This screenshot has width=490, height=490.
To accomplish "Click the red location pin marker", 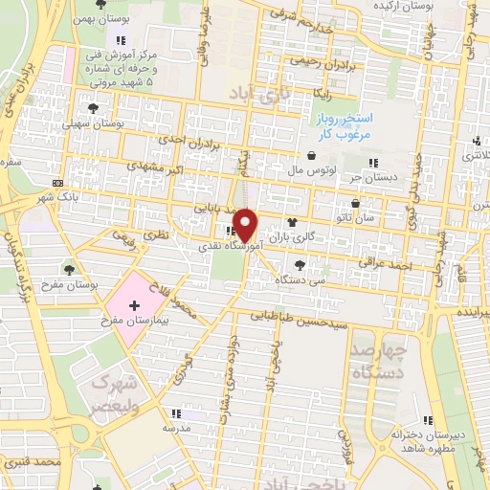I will coord(246,223).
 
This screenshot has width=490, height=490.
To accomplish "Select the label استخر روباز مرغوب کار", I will coord(345,125).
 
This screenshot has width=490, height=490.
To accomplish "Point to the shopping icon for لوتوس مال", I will coord(311,155).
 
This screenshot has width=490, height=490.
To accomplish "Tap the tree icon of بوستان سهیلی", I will coord(93,108).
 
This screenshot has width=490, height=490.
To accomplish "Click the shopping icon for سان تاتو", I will coord(356,203).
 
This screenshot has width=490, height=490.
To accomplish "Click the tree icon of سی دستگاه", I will coord(301,265).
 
